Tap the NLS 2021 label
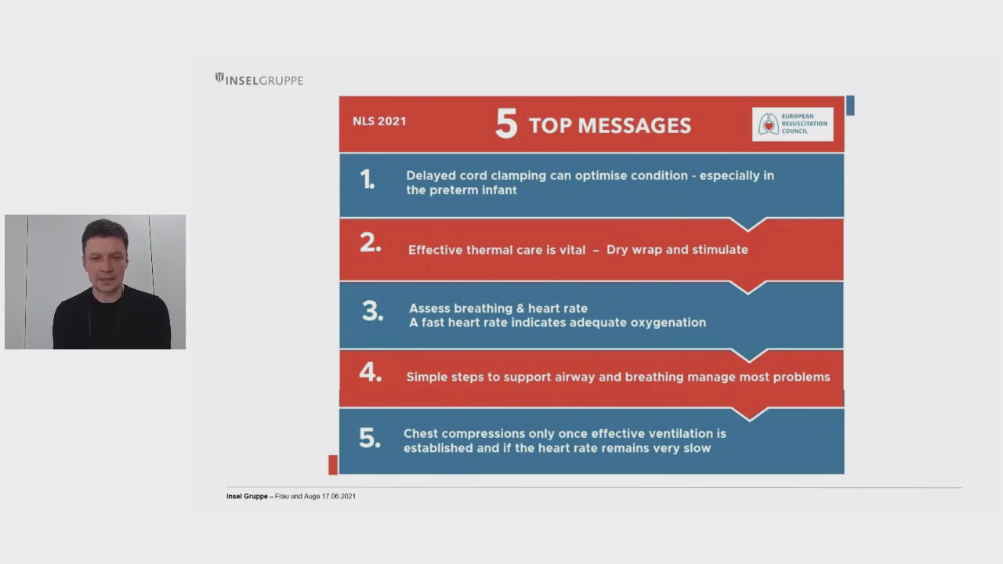pyautogui.click(x=379, y=121)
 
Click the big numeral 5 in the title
pyautogui.click(x=506, y=124)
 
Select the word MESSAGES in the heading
pyautogui.click(x=635, y=126)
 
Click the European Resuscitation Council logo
pyautogui.click(x=792, y=124)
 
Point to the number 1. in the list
pyautogui.click(x=368, y=179)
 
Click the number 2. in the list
pyautogui.click(x=371, y=243)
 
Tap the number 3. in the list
pyautogui.click(x=372, y=311)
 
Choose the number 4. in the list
pyautogui.click(x=371, y=372)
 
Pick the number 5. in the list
pyautogui.click(x=370, y=438)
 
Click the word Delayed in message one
pyautogui.click(x=430, y=175)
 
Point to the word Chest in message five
pyautogui.click(x=419, y=434)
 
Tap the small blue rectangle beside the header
pyautogui.click(x=850, y=106)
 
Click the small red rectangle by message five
pyautogui.click(x=333, y=465)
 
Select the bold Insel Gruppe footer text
pyautogui.click(x=247, y=497)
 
